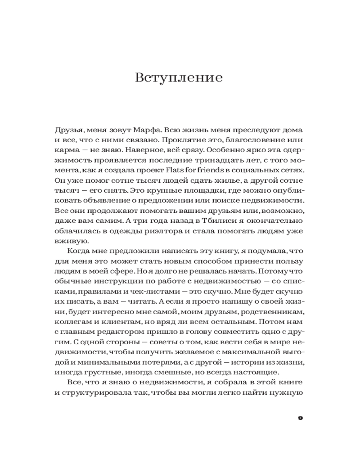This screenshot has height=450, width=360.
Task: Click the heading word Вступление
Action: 179,77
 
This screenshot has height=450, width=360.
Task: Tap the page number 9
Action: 301,418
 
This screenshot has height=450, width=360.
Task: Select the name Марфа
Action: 145,129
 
